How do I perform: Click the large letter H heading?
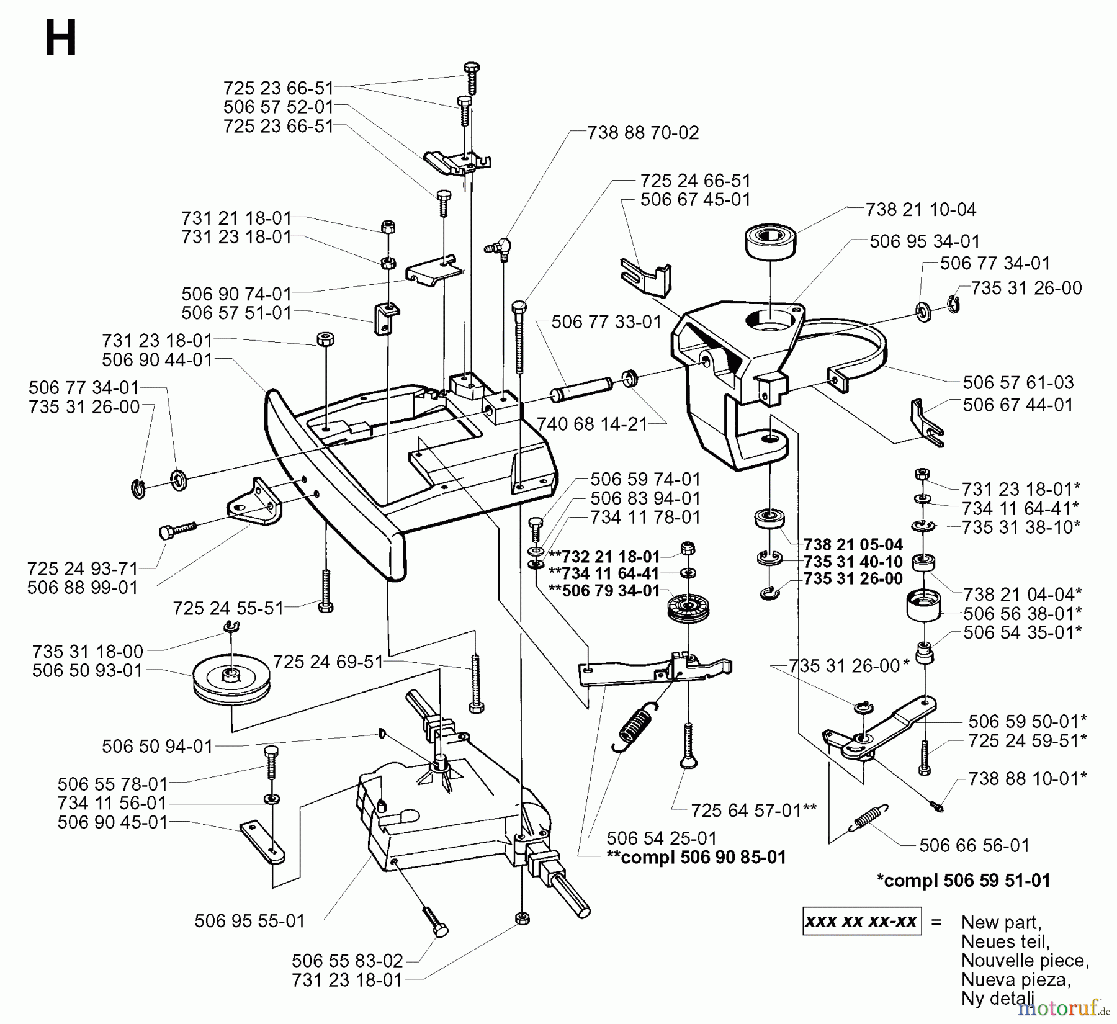[x=60, y=38]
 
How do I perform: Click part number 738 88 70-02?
[x=643, y=133]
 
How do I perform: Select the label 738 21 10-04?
[x=921, y=210]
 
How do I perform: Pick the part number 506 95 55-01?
[x=249, y=921]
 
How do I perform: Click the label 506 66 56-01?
[x=974, y=845]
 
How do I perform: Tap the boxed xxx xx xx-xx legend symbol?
[x=861, y=922]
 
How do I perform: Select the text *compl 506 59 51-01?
[x=964, y=880]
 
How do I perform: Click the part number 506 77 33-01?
[x=606, y=322]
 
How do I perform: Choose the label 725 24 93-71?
[x=83, y=568]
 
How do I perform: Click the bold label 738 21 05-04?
[x=853, y=545]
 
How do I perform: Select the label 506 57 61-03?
[x=1018, y=382]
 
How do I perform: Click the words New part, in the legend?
[x=1001, y=922]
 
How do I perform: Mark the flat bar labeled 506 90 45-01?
[x=262, y=841]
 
